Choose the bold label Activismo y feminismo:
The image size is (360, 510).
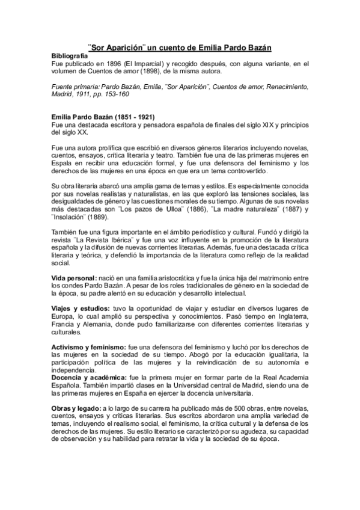(x=88, y=347)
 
